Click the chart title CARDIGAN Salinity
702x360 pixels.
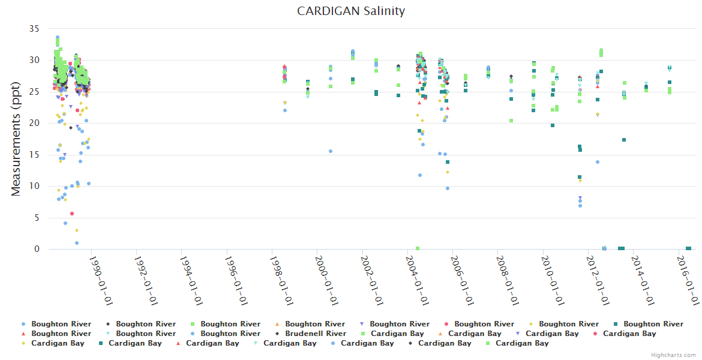tap(351, 11)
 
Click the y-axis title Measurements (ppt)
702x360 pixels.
tap(16, 139)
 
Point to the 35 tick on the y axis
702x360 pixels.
tap(34, 29)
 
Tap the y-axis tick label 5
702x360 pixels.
tap(37, 218)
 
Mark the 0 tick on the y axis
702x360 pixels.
tap(37, 249)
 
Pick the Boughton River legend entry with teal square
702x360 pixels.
tap(653, 324)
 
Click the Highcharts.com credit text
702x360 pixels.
tap(674, 355)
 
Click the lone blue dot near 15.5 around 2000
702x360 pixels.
tap(331, 151)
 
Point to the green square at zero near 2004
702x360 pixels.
tap(418, 248)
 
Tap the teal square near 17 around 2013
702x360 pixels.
tap(624, 140)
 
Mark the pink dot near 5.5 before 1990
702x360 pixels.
tap(72, 214)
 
